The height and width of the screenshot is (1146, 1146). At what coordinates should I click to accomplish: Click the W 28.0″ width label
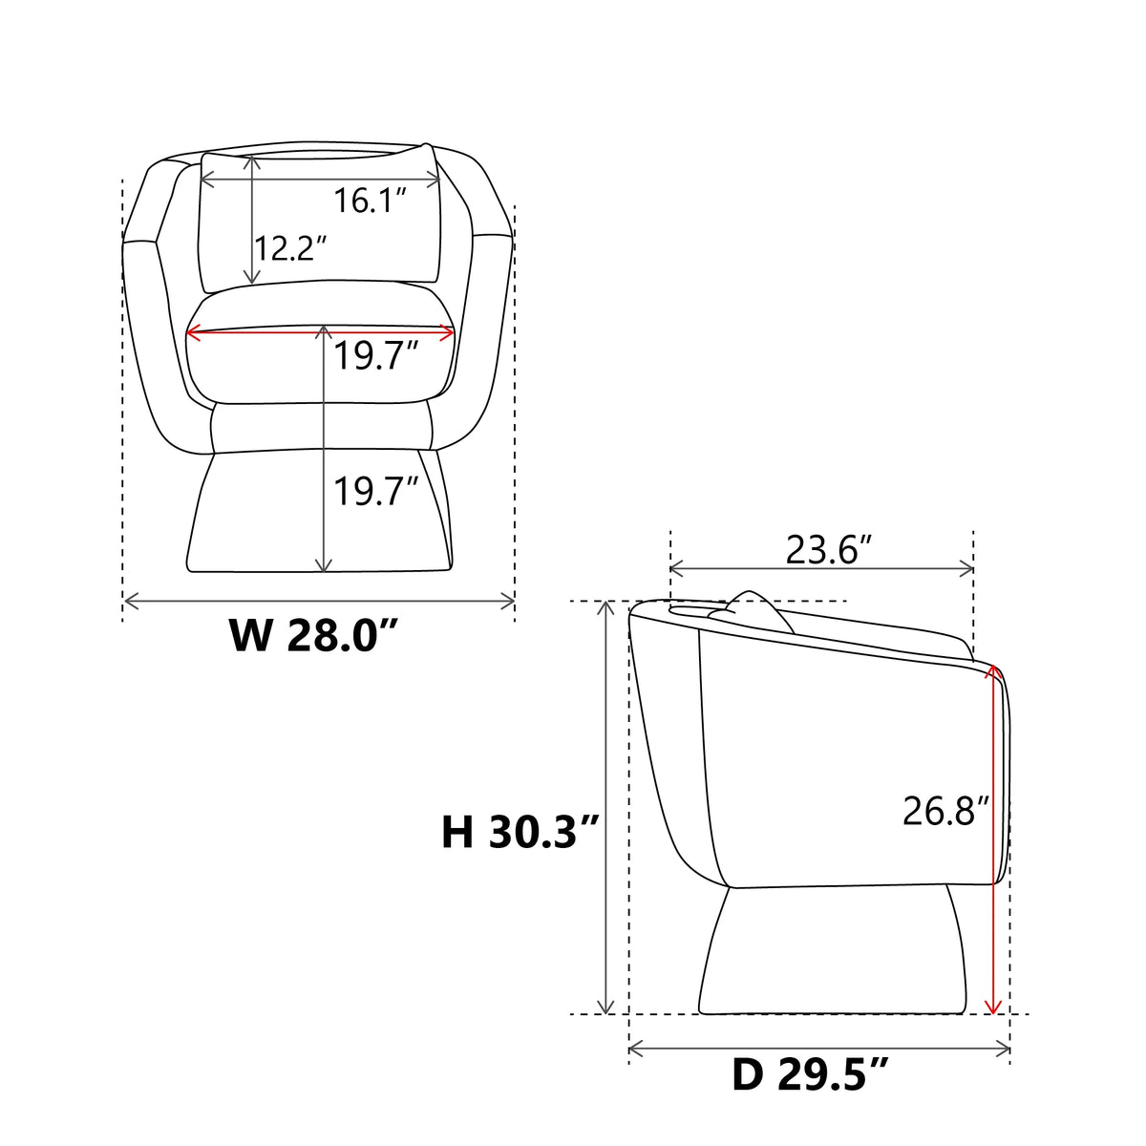click(313, 636)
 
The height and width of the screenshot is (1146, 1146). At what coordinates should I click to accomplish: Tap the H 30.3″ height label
click(519, 832)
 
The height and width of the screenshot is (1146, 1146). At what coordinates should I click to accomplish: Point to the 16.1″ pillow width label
click(370, 201)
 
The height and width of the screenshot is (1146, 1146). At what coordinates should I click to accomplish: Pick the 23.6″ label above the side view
click(830, 549)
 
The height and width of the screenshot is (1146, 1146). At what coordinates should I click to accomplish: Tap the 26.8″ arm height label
click(945, 810)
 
